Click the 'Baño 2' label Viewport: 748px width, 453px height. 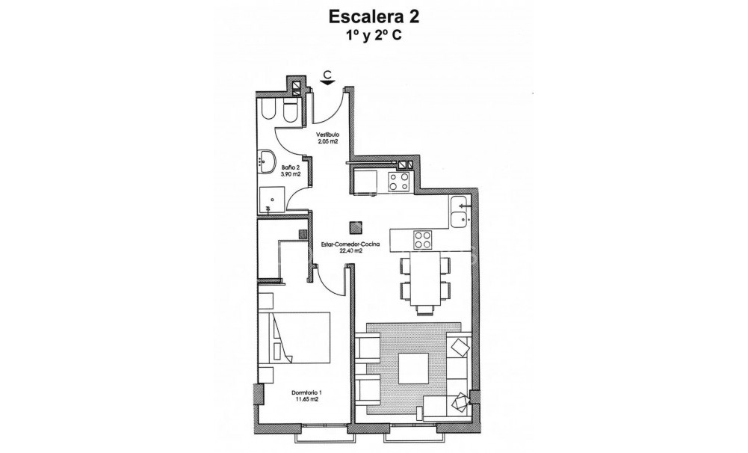coord(291,167)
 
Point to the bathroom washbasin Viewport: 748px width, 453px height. coord(266,158)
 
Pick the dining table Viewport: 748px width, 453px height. coord(426,279)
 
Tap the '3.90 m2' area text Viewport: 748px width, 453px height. coord(291,173)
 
